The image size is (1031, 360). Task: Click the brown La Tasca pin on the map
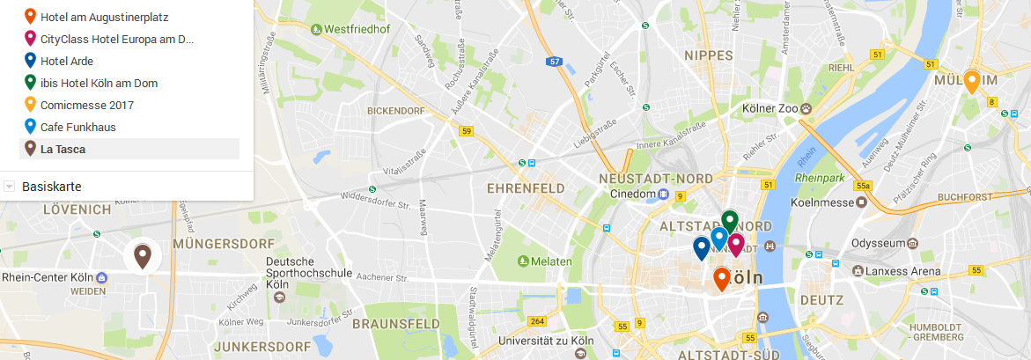pos(142,256)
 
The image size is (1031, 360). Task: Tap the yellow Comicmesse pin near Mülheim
pos(972,81)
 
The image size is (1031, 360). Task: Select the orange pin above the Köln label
pos(721,278)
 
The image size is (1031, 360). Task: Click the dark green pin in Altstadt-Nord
pos(729,221)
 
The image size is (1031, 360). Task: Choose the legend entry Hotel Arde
pos(67,61)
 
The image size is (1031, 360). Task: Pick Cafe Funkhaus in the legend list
pos(77,127)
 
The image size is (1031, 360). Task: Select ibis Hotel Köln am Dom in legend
pos(99,83)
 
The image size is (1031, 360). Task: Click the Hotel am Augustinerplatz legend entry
pos(104,17)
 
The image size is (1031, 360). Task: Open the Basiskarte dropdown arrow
pos(9,187)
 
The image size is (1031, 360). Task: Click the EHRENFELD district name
pos(524,187)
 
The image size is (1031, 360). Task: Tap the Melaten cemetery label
pos(550,261)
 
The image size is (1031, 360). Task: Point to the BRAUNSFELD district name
pos(395,324)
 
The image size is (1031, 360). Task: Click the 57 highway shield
pos(554,62)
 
